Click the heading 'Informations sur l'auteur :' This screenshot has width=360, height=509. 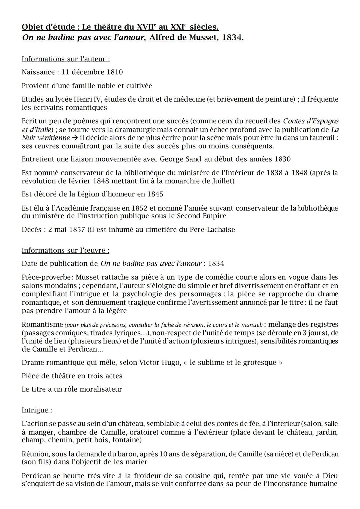[66, 59]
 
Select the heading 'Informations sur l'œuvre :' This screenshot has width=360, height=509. [65, 250]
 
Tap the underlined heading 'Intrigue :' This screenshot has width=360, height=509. [37, 410]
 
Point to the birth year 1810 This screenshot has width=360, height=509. [115, 72]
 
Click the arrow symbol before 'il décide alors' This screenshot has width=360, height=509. [75, 138]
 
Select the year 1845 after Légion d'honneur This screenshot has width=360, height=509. [155, 194]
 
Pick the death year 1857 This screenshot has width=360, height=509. [77, 229]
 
